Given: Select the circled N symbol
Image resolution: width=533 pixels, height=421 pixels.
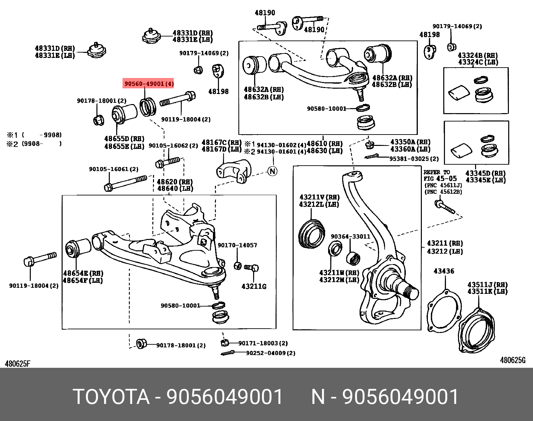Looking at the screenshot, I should click(x=273, y=171).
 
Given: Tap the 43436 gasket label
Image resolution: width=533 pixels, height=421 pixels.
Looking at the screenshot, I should click(x=444, y=271).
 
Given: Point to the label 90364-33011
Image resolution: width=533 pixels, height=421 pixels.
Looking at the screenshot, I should click(x=350, y=236).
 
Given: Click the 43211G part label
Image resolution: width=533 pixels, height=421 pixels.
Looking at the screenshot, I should click(x=254, y=286).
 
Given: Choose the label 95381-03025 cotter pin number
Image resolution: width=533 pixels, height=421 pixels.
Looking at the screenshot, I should click(x=414, y=159).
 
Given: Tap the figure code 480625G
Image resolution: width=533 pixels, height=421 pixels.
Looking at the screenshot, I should click(x=513, y=360).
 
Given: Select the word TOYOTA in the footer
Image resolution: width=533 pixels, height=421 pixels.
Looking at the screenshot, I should click(x=111, y=397).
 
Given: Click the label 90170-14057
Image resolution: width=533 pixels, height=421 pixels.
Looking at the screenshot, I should click(x=237, y=245).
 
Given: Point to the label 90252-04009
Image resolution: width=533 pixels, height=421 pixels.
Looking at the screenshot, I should click(x=271, y=353).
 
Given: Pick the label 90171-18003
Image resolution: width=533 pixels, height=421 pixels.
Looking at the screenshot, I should click(x=263, y=343).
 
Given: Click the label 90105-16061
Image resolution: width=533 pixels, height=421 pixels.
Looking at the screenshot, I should click(x=113, y=169).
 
